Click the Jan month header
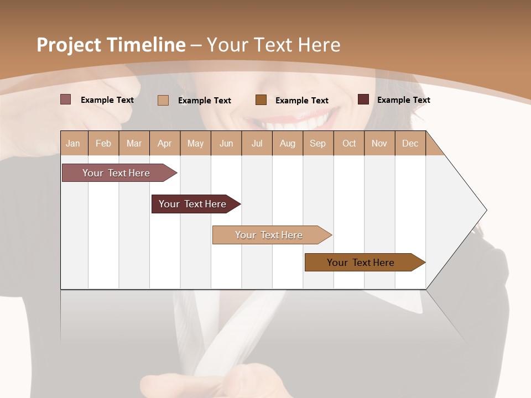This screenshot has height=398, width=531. (73, 144)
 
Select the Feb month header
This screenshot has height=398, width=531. (103, 144)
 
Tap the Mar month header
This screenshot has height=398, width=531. (134, 144)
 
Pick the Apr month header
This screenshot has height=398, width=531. (165, 144)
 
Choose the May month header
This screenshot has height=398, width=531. (195, 144)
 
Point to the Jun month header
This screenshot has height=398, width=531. (226, 144)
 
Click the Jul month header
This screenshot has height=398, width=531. (257, 144)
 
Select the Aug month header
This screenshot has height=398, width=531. (288, 144)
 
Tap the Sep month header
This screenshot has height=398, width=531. (318, 144)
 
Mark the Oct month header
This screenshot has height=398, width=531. (349, 144)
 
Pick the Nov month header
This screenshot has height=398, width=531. (379, 144)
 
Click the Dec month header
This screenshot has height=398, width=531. (410, 144)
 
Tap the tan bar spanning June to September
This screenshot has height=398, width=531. (269, 235)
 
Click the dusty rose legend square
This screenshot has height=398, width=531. (65, 99)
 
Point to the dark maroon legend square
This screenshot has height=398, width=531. (363, 99)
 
